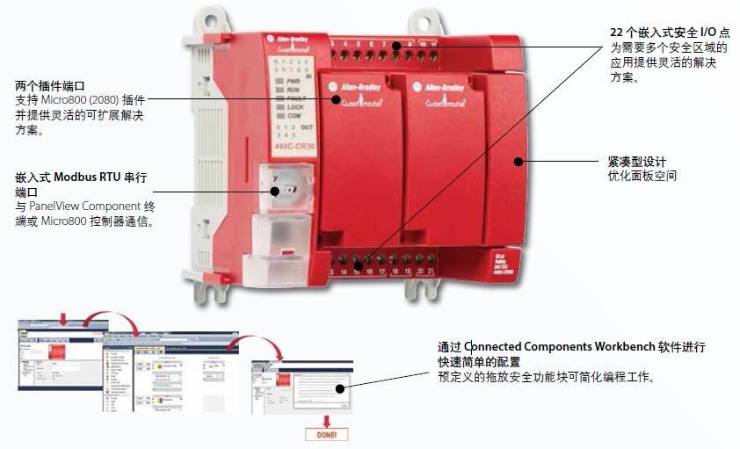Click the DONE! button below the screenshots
tap(326, 433)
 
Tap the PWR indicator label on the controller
tap(294, 81)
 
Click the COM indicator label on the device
tap(294, 116)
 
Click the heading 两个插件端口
tap(50, 87)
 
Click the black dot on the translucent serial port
tap(275, 190)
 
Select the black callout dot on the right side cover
tap(520, 162)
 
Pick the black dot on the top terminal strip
tap(396, 45)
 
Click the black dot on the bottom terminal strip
tap(359, 261)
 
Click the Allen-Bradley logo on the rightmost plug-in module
tap(444, 88)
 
